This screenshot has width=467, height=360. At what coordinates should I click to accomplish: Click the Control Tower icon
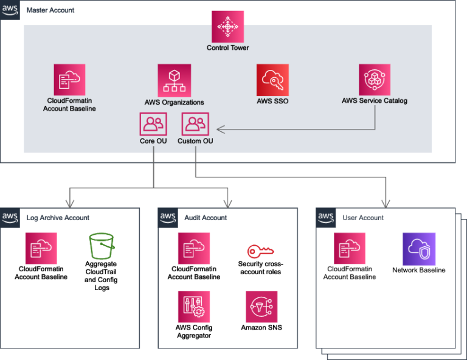point(227,27)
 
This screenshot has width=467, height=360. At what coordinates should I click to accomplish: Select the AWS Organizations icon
point(174,80)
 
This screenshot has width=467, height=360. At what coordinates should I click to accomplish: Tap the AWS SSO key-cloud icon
point(272,80)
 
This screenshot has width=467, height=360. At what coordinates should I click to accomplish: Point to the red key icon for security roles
point(261,250)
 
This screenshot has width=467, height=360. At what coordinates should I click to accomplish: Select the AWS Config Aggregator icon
point(193,306)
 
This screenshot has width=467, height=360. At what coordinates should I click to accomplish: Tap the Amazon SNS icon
point(261,306)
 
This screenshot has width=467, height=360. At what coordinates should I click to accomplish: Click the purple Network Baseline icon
point(418,248)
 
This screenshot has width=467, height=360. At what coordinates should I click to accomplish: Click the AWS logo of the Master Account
point(10,10)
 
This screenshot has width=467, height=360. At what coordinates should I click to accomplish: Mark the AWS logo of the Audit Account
point(168,217)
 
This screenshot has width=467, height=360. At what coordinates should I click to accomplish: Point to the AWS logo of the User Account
point(326,217)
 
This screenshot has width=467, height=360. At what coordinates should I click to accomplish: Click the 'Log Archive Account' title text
point(58,218)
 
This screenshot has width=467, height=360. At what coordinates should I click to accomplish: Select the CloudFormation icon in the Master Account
point(69,80)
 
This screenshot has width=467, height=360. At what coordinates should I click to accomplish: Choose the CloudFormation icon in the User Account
point(349,248)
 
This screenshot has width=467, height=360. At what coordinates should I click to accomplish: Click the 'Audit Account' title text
point(206,218)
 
